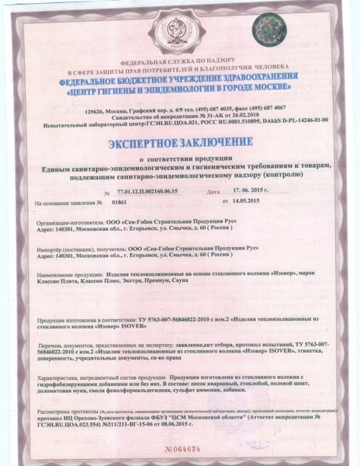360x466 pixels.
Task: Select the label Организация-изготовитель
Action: point(61,222)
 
